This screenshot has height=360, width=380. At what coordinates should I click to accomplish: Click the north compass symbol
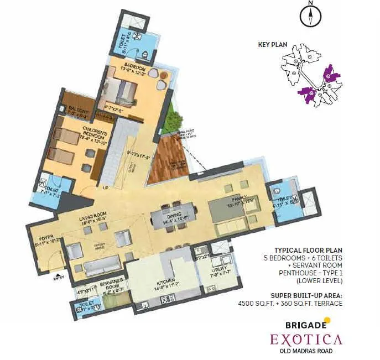point(311,15)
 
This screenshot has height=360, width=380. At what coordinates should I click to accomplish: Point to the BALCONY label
point(79,111)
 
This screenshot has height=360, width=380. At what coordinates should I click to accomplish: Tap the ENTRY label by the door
point(58,278)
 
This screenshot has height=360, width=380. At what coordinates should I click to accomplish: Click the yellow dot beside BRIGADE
point(327,320)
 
